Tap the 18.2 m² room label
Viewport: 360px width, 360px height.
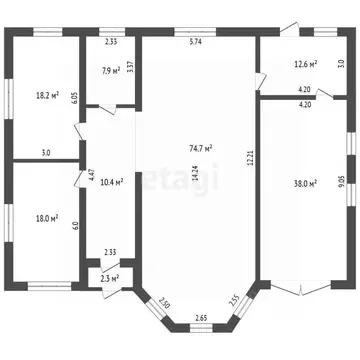(46, 96)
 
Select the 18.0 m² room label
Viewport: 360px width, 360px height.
(46, 217)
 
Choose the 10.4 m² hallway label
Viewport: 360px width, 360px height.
(112, 182)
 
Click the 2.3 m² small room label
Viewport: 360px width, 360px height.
(110, 278)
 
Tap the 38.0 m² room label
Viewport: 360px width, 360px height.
(304, 183)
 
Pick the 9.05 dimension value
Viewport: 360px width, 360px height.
(342, 181)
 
